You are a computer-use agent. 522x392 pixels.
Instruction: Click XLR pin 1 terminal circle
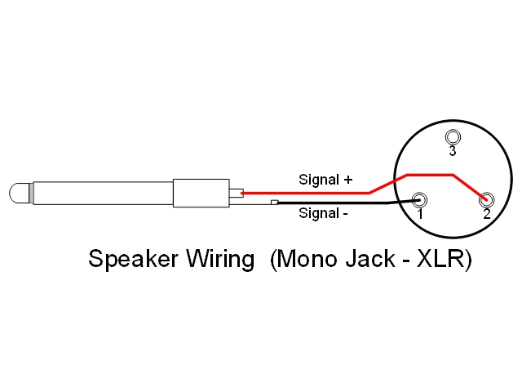tap(420, 199)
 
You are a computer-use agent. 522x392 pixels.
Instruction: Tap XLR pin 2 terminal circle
tap(486, 199)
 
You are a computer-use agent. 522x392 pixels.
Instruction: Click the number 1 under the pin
tap(420, 215)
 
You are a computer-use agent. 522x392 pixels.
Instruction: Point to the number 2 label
tap(486, 215)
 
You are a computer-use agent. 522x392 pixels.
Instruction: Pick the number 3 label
tap(453, 151)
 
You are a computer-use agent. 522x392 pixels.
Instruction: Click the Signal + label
tap(325, 179)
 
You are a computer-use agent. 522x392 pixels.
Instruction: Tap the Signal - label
tap(324, 214)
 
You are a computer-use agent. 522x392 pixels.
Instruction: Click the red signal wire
tap(310, 194)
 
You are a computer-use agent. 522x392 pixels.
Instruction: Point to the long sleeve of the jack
tap(102, 194)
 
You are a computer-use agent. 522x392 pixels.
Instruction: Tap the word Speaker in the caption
tap(135, 260)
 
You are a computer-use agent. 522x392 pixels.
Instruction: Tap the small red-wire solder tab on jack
tap(236, 194)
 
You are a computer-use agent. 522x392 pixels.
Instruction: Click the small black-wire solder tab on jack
tap(275, 203)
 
